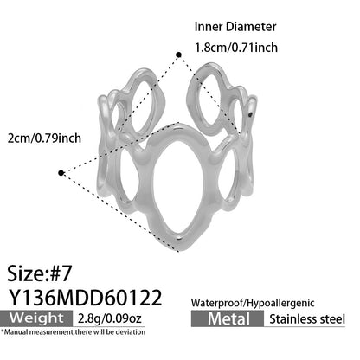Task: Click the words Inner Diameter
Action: (x=235, y=27)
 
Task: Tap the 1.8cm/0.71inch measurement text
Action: (x=236, y=48)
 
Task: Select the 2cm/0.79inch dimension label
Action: (x=44, y=138)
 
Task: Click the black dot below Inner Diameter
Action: (x=179, y=55)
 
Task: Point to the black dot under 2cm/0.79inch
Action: (x=61, y=173)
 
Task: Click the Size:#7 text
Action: (x=39, y=273)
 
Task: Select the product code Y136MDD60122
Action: (x=85, y=298)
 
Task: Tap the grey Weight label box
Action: (x=36, y=318)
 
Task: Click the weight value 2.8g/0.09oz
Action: (x=110, y=318)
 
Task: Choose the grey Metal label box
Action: (x=228, y=318)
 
